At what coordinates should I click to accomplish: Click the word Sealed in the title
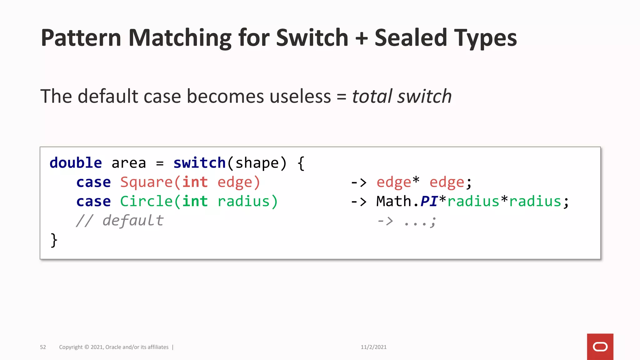411,38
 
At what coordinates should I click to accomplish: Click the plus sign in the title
361,38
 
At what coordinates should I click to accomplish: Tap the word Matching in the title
180,38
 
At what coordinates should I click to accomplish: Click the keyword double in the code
76,163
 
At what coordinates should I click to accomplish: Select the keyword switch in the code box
199,163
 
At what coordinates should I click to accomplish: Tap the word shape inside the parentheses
257,163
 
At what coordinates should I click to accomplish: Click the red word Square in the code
146,182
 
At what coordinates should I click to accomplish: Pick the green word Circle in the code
146,201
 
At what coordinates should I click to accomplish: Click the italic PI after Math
429,201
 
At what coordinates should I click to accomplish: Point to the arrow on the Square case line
358,182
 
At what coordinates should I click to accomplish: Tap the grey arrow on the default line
385,221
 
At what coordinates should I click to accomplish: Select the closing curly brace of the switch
54,240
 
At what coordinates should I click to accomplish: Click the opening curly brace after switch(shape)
301,163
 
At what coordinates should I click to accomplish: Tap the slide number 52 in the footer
43,347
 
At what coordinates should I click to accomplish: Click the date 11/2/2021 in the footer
373,347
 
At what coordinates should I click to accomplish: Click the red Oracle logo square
600,347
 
